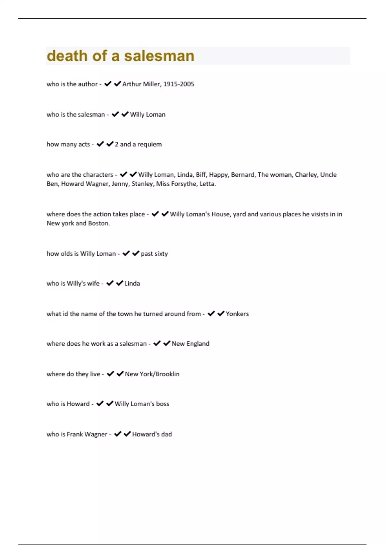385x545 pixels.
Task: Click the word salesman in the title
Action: pyautogui.click(x=159, y=56)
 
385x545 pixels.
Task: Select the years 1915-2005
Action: pyautogui.click(x=179, y=84)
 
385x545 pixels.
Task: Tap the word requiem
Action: pyautogui.click(x=150, y=144)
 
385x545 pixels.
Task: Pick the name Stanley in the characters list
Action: pyautogui.click(x=142, y=184)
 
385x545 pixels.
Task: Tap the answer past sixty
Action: pyautogui.click(x=154, y=254)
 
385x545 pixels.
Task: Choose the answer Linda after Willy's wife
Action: pyautogui.click(x=132, y=283)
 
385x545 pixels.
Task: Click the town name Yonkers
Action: pyautogui.click(x=237, y=314)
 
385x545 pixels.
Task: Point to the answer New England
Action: pyautogui.click(x=190, y=344)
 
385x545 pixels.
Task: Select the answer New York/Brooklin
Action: pyautogui.click(x=152, y=374)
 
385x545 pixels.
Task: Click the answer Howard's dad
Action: pyautogui.click(x=152, y=434)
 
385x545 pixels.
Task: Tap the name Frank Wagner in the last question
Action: pyautogui.click(x=87, y=434)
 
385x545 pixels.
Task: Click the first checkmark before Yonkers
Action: pyautogui.click(x=211, y=314)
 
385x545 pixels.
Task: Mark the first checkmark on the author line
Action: pyautogui.click(x=108, y=84)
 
